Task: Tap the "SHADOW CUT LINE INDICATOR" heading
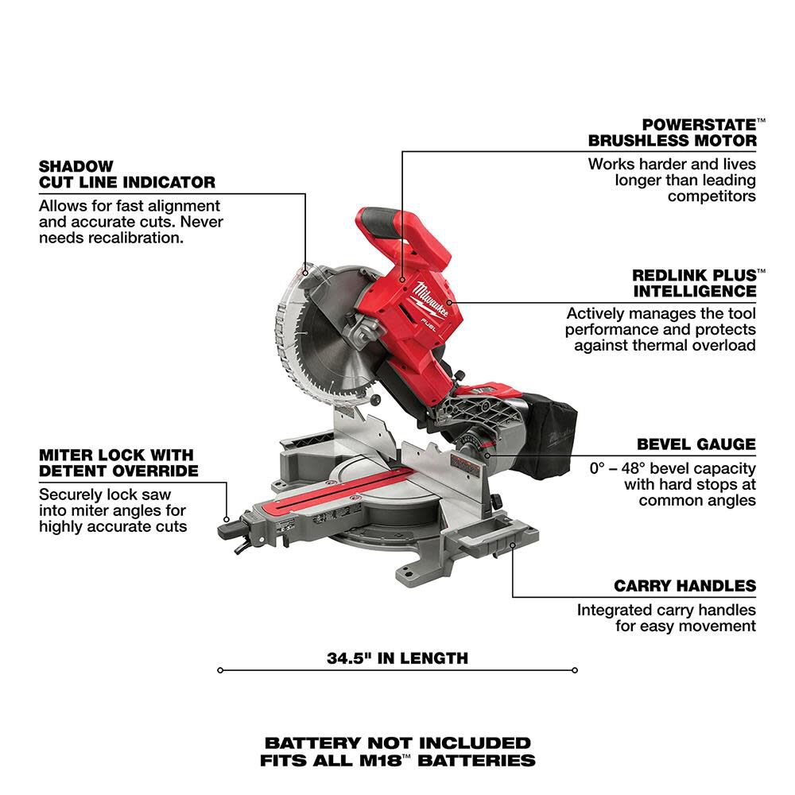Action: (126, 174)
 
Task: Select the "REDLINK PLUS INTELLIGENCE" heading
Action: (694, 282)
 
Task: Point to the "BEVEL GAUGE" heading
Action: (696, 444)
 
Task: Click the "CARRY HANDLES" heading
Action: (684, 586)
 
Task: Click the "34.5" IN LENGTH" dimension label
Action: (397, 658)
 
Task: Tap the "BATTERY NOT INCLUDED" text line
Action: (397, 743)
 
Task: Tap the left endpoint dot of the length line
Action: (220, 670)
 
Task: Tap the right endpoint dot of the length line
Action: (574, 670)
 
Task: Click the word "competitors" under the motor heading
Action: (712, 196)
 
